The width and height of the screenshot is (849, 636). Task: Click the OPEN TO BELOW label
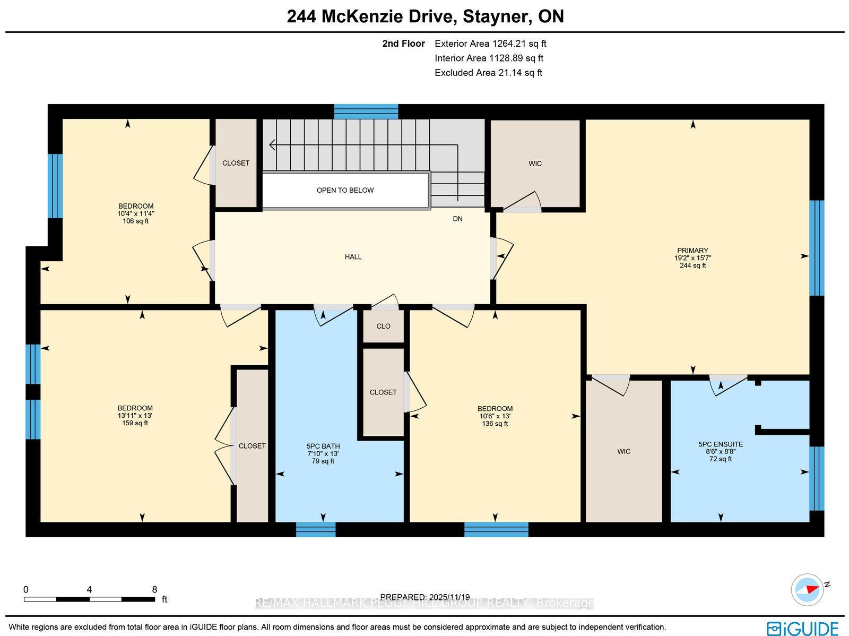pos(345,191)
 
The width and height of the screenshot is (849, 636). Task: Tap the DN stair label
pos(457,219)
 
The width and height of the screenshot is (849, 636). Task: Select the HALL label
pos(353,257)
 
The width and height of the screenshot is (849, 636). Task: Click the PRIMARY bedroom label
pos(692,251)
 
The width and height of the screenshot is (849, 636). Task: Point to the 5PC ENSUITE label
pos(721,444)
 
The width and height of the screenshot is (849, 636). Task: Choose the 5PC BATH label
pos(323,446)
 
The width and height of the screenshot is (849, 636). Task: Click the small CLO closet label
pos(383,326)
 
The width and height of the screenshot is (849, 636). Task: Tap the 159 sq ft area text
pos(135,423)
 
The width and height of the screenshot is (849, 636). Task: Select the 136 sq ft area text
pos(495,424)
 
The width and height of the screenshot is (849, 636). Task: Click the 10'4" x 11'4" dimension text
pos(136,213)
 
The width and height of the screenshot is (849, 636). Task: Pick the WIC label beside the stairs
pos(535,164)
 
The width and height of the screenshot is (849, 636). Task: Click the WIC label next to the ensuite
pos(624,451)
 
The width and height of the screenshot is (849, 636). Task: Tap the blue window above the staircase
pos(366,111)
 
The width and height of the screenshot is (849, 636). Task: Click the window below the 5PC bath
pos(316,529)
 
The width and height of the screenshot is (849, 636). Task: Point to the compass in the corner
pos(808,590)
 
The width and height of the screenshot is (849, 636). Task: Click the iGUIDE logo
pos(802,628)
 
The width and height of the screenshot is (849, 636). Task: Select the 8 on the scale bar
pos(154,590)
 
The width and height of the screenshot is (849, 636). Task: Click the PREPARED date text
pos(424,597)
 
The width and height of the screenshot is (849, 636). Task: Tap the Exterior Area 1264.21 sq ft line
pos(490,44)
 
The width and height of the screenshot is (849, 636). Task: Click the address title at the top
pos(425,16)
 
